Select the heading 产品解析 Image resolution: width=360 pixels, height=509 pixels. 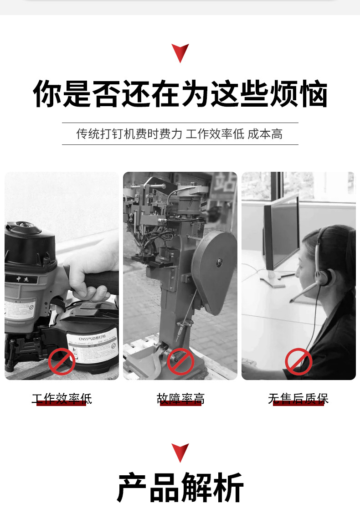click(x=180, y=488)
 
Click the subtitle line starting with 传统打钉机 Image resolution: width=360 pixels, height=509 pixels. click(x=180, y=134)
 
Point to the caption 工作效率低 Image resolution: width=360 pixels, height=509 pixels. click(x=62, y=399)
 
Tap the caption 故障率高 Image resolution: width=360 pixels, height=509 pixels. click(x=180, y=399)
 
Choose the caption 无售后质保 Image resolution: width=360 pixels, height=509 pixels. click(x=298, y=399)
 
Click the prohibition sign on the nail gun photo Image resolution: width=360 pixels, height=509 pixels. click(x=62, y=361)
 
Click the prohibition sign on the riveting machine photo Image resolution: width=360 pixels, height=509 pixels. click(x=180, y=361)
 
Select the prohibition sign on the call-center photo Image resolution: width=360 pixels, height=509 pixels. click(x=298, y=361)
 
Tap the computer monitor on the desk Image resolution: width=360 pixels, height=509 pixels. click(x=280, y=235)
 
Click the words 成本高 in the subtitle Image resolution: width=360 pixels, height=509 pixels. click(x=265, y=134)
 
